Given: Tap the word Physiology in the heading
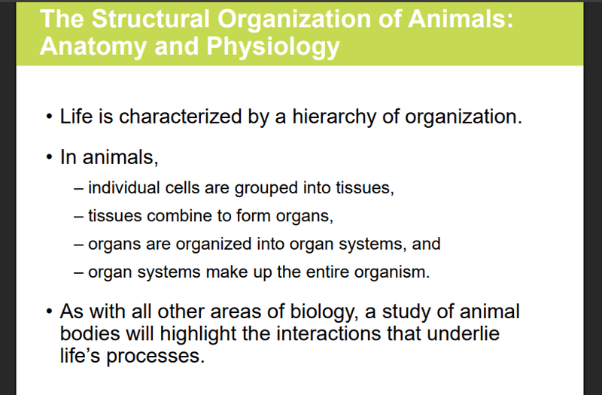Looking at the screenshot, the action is coord(273,47).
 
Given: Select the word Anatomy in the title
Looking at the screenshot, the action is coord(93,47).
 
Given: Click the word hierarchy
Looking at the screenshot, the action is coord(334,117).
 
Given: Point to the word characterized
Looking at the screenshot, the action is coord(180,117).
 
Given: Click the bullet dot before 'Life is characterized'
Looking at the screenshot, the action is coord(49,117).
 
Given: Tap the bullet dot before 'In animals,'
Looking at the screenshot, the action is coord(49,157).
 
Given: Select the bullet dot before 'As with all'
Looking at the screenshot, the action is coord(49,311).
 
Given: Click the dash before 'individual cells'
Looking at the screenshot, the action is coord(79,189).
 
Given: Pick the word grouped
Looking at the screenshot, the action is coord(266,189).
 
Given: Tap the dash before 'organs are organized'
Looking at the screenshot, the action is coord(79,245).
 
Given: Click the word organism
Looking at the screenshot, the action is coord(392,272).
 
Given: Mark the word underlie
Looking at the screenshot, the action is coord(463,333).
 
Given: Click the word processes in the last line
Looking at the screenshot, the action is coord(156,356).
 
